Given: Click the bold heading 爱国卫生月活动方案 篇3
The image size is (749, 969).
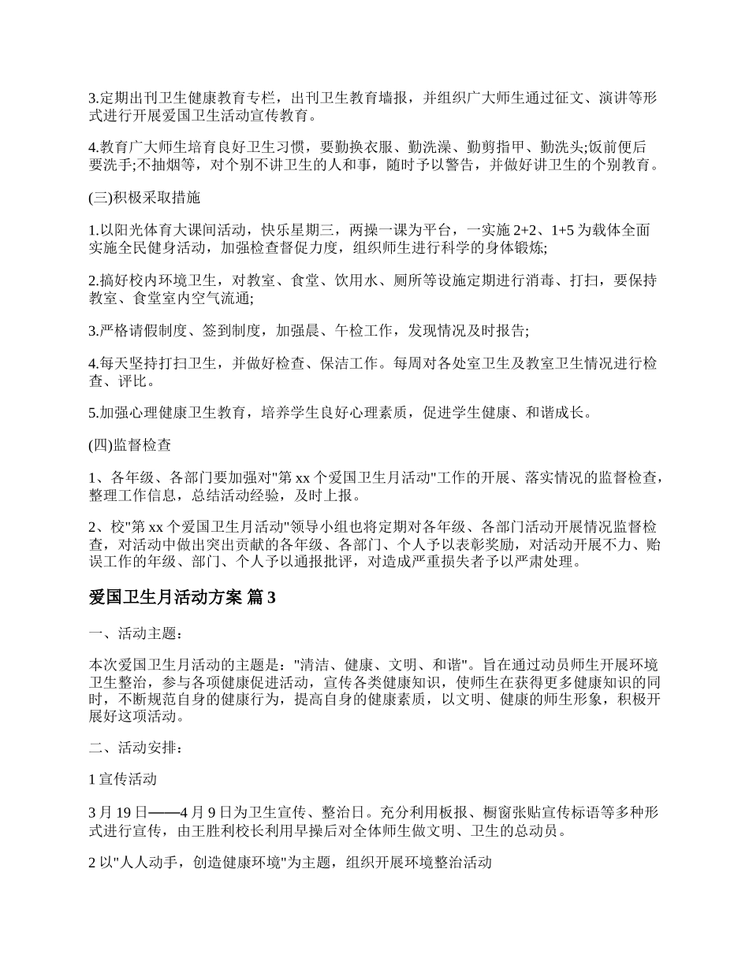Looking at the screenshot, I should (182, 598).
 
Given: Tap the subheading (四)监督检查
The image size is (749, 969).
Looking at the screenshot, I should (130, 444).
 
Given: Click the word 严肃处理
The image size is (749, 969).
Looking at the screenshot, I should (553, 562).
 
